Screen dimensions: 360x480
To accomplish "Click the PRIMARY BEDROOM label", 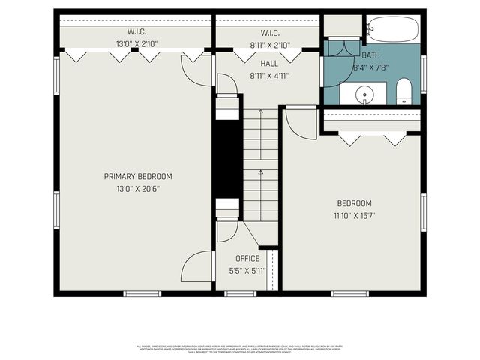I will pos(138,176).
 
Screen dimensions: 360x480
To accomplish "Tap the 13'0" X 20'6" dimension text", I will pos(138,188).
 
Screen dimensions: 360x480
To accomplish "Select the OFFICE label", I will pos(247,259).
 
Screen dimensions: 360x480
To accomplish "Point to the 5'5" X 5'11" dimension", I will pos(247,271).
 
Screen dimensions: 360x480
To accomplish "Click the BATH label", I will pos(370,56).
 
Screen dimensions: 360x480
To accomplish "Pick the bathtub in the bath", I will pos(392,28).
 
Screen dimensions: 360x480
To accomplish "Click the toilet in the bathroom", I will pos(403,90).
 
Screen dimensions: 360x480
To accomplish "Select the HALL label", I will pos(259,64).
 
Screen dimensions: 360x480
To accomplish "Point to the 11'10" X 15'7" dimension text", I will pos(354,215).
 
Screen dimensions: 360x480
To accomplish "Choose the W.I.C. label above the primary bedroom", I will pos(136,32).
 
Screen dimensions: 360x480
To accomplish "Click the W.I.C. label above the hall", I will pos(270,32).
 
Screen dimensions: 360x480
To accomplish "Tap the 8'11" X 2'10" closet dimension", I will pos(270,44).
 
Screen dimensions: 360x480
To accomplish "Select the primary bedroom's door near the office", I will pos(197,266).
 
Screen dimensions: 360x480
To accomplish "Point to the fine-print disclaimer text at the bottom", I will pos(240,349).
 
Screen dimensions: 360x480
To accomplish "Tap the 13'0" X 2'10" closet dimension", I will pos(136,44).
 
